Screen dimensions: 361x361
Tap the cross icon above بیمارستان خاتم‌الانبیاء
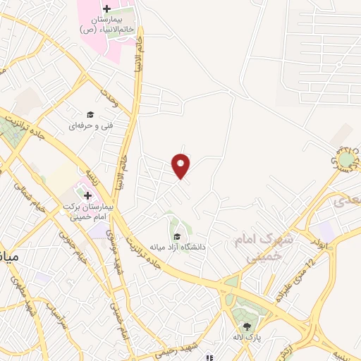(106, 9)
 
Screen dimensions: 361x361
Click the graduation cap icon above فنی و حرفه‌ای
(90, 114)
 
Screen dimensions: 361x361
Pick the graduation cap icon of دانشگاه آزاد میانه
(177, 236)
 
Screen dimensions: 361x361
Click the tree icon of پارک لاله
(247, 326)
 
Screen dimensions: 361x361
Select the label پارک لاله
(248, 338)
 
